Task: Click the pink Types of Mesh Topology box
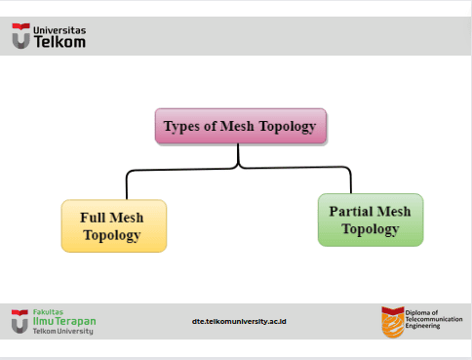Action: point(241,126)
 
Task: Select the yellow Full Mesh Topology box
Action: point(114,225)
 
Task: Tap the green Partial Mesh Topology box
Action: point(371,220)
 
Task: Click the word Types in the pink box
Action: point(181,127)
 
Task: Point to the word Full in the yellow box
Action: point(93,218)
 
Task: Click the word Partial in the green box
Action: point(350,212)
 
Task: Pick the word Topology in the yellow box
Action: point(112,235)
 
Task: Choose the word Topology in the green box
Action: point(371,229)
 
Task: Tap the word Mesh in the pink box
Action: point(237,126)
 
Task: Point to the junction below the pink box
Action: point(238,165)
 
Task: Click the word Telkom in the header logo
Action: point(59,42)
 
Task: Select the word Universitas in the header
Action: point(59,30)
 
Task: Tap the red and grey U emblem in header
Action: point(21,36)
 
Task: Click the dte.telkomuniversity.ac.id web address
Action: point(239,321)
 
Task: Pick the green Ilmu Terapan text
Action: point(64,321)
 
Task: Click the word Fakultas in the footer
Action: point(48,312)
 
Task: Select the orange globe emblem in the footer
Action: point(393,322)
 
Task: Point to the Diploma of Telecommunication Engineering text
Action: point(434,319)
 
